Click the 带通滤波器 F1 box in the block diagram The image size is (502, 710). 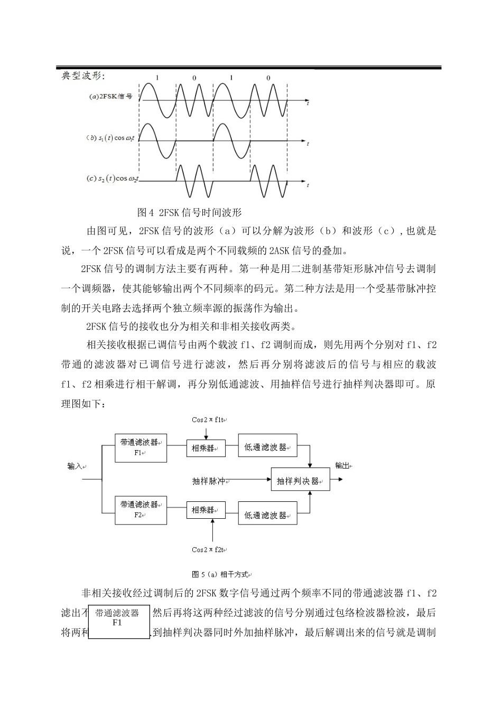[141, 448]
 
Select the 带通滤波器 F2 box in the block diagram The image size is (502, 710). [141, 510]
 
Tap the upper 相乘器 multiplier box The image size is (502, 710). [206, 448]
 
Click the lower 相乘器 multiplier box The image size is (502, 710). [206, 510]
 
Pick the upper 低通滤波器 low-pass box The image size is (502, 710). [267, 447]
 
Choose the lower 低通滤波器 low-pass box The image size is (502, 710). [267, 515]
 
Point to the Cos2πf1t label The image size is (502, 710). [209, 420]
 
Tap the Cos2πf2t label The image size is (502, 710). [209, 549]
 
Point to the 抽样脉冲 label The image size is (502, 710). [209, 481]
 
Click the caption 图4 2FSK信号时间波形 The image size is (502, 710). [189, 212]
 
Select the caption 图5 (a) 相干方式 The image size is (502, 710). [221, 574]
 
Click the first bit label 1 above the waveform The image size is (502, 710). [156, 78]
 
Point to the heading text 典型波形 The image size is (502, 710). [83, 76]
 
